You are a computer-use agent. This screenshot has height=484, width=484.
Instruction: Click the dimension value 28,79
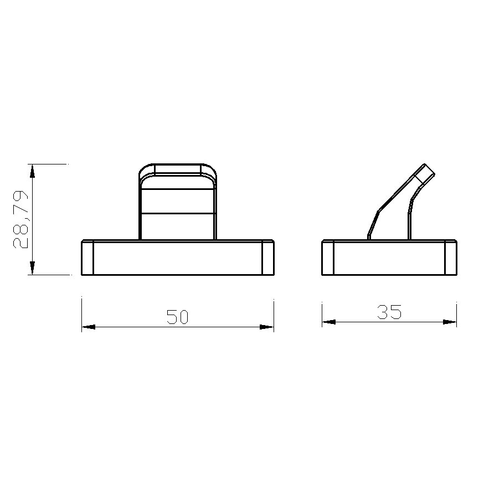[x=20, y=219]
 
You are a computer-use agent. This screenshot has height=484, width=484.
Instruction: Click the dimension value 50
[x=177, y=317]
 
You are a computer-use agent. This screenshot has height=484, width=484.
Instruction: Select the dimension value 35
[x=389, y=312]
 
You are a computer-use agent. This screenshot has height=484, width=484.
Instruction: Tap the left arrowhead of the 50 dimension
[x=88, y=327]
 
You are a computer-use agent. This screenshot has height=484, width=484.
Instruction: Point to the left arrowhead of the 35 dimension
[x=329, y=322]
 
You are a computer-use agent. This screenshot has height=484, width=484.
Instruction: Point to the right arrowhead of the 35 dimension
[x=450, y=322]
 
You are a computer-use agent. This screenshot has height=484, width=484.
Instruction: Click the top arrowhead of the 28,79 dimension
[x=32, y=171]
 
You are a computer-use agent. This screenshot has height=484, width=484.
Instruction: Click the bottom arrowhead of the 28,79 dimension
[x=32, y=268]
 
